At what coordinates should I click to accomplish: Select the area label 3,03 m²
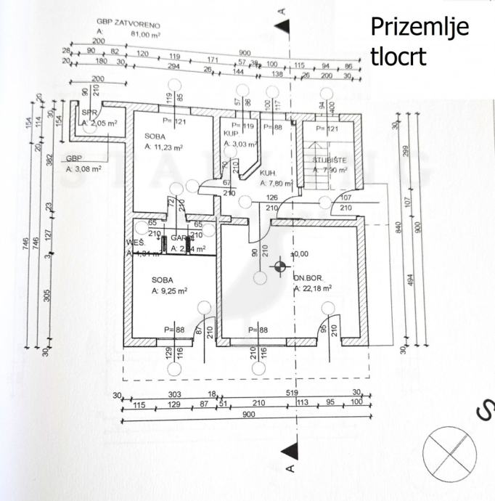237,144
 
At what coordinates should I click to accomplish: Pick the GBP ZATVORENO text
128,22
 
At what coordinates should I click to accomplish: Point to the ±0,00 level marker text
299,255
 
